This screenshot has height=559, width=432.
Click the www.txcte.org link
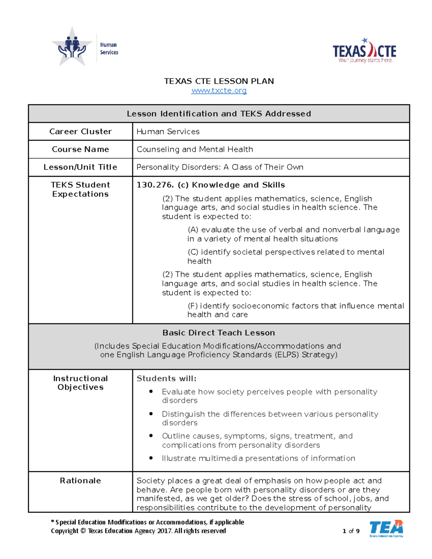(x=219, y=91)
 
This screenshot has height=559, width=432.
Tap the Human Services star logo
(x=72, y=47)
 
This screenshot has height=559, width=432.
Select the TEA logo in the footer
(x=386, y=528)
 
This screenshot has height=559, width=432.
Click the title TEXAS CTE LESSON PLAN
(x=219, y=81)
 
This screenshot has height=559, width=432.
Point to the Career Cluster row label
(x=80, y=132)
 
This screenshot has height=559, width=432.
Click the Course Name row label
(x=80, y=149)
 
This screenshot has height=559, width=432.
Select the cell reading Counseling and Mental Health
(x=195, y=149)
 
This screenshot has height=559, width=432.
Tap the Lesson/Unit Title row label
(x=80, y=167)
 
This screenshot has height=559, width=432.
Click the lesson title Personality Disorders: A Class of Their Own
(x=220, y=167)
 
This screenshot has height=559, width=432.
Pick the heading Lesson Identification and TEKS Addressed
(x=219, y=114)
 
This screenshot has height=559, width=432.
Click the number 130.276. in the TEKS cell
(x=155, y=185)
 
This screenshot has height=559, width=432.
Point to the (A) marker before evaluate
(x=193, y=230)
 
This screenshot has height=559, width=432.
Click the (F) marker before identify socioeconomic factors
(x=193, y=306)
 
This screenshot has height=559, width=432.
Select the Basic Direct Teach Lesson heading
(x=219, y=333)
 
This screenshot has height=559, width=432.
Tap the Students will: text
(x=166, y=379)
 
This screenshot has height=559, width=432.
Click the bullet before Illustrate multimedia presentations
(x=151, y=458)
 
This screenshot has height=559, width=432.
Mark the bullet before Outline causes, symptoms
(x=151, y=436)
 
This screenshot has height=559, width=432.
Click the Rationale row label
(x=80, y=481)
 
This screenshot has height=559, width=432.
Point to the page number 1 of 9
(x=351, y=531)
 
